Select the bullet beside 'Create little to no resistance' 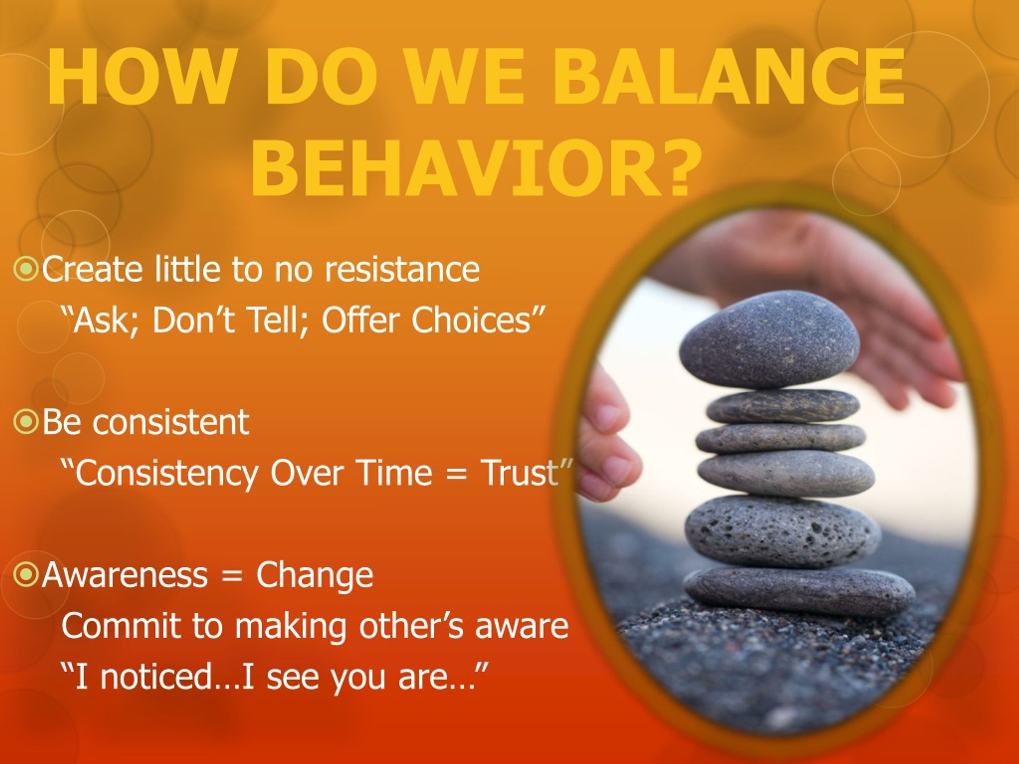click(26, 269)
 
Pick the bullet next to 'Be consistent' click(26, 422)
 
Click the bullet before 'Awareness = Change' click(26, 574)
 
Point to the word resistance click(403, 269)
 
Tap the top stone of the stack click(769, 339)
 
